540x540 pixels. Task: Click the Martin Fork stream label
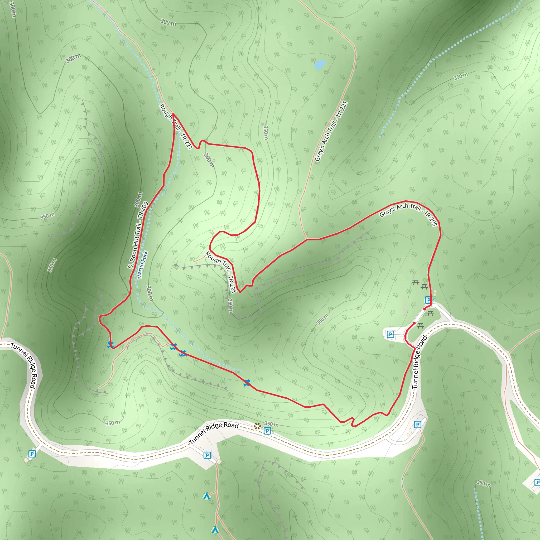142,265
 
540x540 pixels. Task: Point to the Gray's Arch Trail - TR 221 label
331,131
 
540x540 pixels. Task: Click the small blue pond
320,65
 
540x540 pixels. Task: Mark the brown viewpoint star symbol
257,426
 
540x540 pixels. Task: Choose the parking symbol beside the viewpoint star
267,431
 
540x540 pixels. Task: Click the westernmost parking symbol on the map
32,454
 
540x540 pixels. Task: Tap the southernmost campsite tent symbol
215,530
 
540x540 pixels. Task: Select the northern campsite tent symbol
206,496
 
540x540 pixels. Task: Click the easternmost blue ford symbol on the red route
247,383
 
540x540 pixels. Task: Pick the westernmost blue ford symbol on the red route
110,345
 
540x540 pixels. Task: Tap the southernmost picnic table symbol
421,326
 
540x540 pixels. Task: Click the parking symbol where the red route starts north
428,300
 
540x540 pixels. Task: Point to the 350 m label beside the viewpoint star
271,424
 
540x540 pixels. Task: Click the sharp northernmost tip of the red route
173,114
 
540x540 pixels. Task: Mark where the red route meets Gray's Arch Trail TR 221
307,239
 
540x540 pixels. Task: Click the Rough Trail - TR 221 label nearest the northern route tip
176,126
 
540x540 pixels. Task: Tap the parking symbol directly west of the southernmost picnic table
390,334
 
